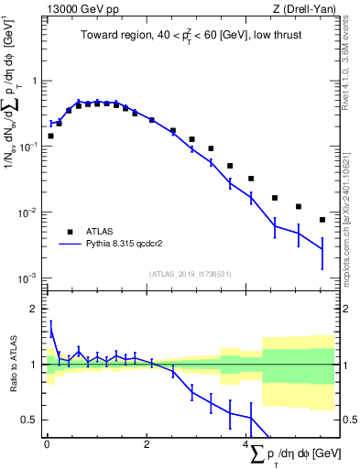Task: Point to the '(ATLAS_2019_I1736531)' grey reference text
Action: (191, 274)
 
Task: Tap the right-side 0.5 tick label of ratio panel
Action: (349, 420)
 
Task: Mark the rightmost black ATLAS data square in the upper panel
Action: (322, 220)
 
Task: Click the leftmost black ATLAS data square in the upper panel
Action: (50, 136)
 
